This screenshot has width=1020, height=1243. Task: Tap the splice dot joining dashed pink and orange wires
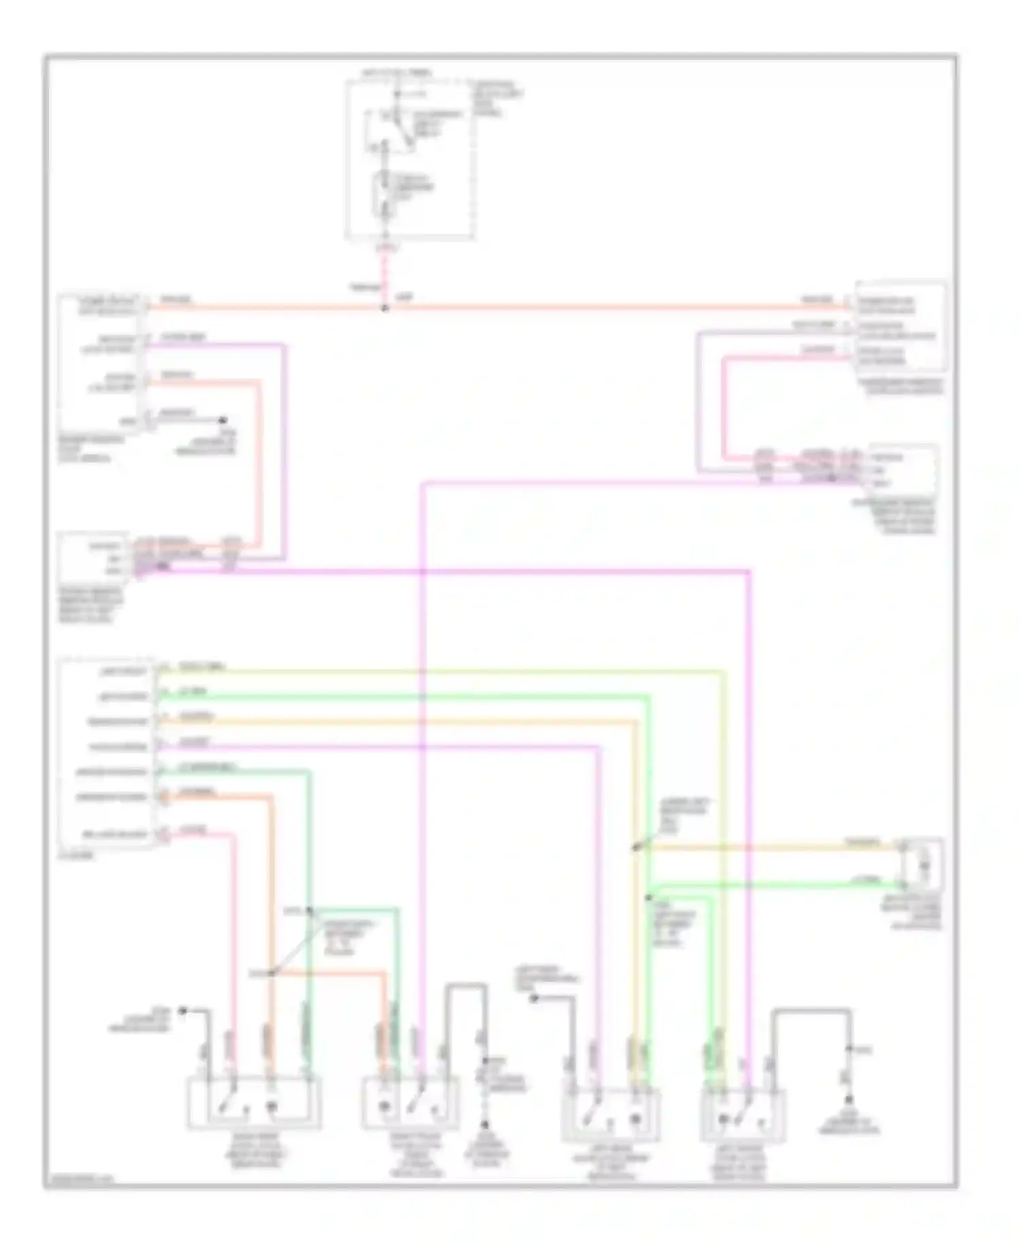pos(385,308)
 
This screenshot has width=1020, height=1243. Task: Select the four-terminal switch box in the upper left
pos(102,362)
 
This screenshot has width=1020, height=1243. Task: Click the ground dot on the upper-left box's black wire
pos(221,420)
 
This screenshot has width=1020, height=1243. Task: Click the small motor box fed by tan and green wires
pos(923,864)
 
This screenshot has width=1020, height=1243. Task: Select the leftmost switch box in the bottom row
pos(254,1104)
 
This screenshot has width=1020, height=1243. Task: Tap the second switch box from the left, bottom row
pos(410,1103)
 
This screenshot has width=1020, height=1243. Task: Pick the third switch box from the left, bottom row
pos(610,1114)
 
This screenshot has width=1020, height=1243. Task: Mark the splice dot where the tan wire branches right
pos(635,847)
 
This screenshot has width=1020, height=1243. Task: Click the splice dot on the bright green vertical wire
pos(649,898)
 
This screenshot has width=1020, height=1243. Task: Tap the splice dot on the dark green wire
pos(309,909)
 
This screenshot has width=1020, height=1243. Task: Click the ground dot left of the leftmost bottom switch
pos(182,1011)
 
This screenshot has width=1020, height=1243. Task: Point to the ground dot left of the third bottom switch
pos(534,998)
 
